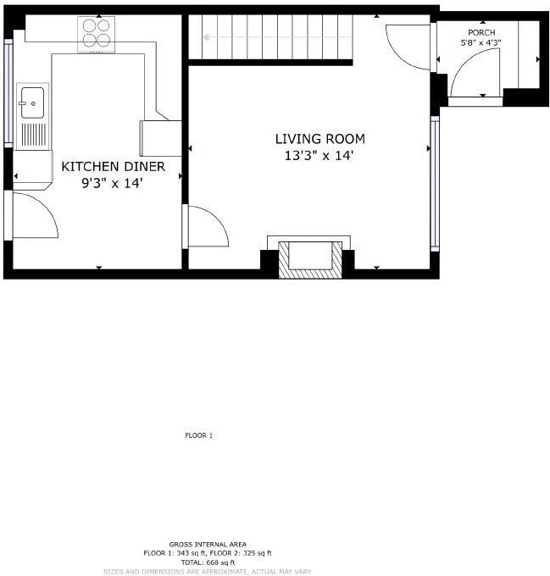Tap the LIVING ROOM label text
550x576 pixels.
click(319, 139)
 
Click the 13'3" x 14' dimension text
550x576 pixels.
click(319, 156)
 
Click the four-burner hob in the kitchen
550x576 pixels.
click(96, 34)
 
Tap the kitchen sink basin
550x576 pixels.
click(32, 102)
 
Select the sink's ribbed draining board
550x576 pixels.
click(33, 135)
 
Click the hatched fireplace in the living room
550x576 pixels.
click(311, 259)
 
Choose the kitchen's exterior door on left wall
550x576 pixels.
click(32, 215)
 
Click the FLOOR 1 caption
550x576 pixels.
click(198, 436)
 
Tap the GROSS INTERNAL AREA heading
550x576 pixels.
click(208, 544)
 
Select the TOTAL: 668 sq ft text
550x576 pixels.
click(208, 562)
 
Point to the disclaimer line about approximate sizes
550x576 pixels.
click(208, 572)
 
